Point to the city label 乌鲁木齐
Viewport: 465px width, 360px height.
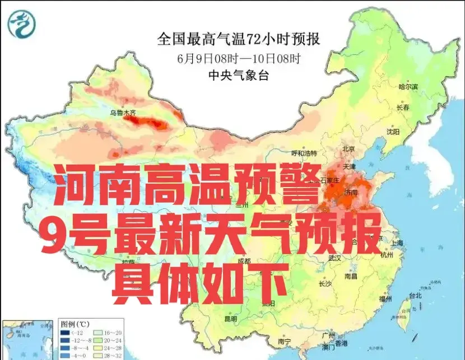pyautogui.click(x=122, y=113)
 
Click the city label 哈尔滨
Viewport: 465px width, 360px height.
pyautogui.click(x=408, y=86)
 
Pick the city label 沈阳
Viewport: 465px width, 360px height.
pyautogui.click(x=393, y=132)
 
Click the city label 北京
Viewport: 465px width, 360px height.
pyautogui.click(x=349, y=149)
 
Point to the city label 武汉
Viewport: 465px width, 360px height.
pyautogui.click(x=334, y=258)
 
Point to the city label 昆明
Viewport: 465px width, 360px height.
pyautogui.click(x=230, y=319)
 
